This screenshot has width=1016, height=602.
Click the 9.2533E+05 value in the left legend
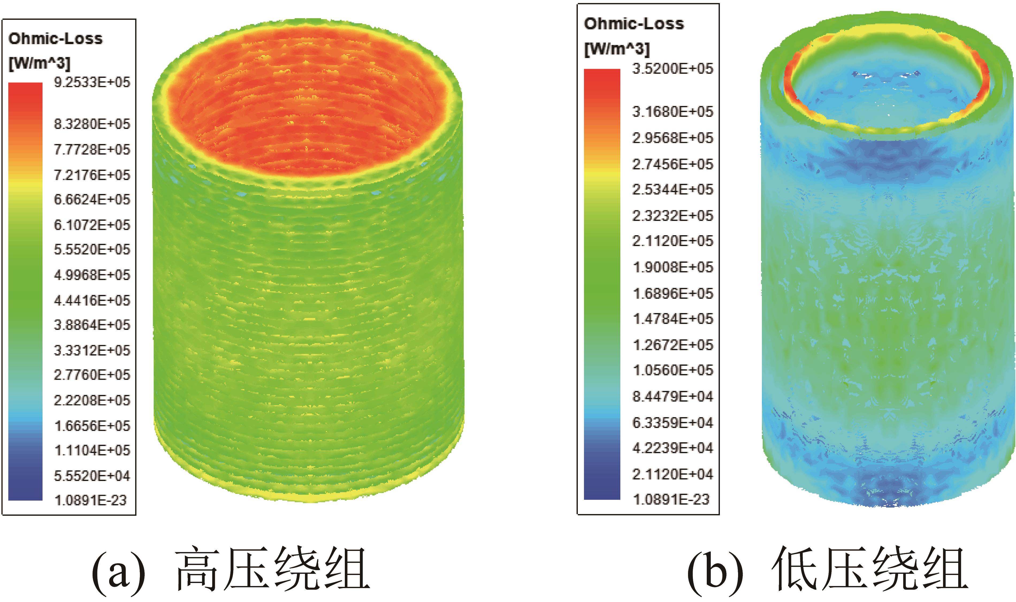(x=92, y=82)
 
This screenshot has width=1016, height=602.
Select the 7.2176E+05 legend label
(x=92, y=175)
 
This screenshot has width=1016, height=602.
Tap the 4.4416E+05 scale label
(x=92, y=300)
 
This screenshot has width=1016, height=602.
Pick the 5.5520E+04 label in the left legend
(x=92, y=475)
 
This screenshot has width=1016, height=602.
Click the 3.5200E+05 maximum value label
(x=672, y=68)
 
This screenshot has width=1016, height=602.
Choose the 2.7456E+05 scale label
(x=672, y=164)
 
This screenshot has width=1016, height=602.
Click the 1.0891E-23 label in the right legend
(x=671, y=499)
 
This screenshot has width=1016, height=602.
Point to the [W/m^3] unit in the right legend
(x=617, y=49)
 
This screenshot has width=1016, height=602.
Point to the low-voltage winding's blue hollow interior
(x=886, y=97)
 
